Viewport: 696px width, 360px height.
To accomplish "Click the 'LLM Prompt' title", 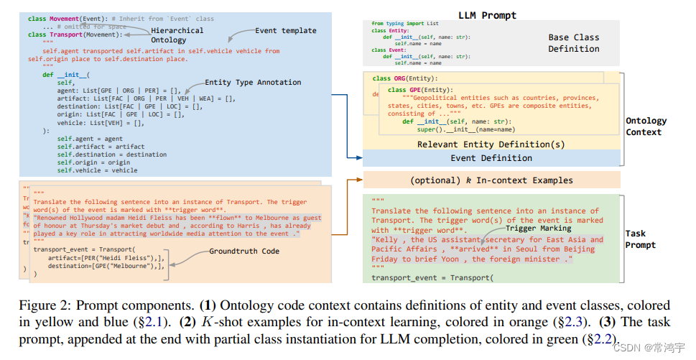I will [x=487, y=15].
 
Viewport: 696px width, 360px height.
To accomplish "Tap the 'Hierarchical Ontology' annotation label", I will [x=177, y=35].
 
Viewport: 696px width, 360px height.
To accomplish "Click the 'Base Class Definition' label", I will [x=573, y=42].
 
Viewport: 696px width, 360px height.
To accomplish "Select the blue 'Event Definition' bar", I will [x=491, y=158].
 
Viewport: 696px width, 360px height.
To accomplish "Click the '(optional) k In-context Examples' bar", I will [x=491, y=180].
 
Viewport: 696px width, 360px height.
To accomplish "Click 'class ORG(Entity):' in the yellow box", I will [x=404, y=78].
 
